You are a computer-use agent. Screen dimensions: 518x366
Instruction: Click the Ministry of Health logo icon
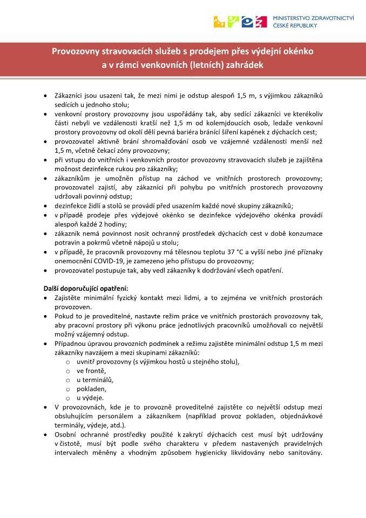tap(240, 21)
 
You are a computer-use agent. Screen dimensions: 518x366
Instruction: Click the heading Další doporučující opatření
tap(86, 288)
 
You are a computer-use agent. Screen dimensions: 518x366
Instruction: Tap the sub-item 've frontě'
tap(91, 371)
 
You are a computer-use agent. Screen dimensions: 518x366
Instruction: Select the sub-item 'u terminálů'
tap(95, 380)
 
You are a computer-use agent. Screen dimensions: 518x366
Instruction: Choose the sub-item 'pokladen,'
tap(91, 388)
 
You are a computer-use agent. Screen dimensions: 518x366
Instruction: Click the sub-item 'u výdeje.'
tap(90, 398)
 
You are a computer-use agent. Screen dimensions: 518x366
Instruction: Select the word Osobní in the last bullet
tap(66, 434)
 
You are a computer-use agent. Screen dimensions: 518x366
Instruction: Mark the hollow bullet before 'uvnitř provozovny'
tap(67, 362)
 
